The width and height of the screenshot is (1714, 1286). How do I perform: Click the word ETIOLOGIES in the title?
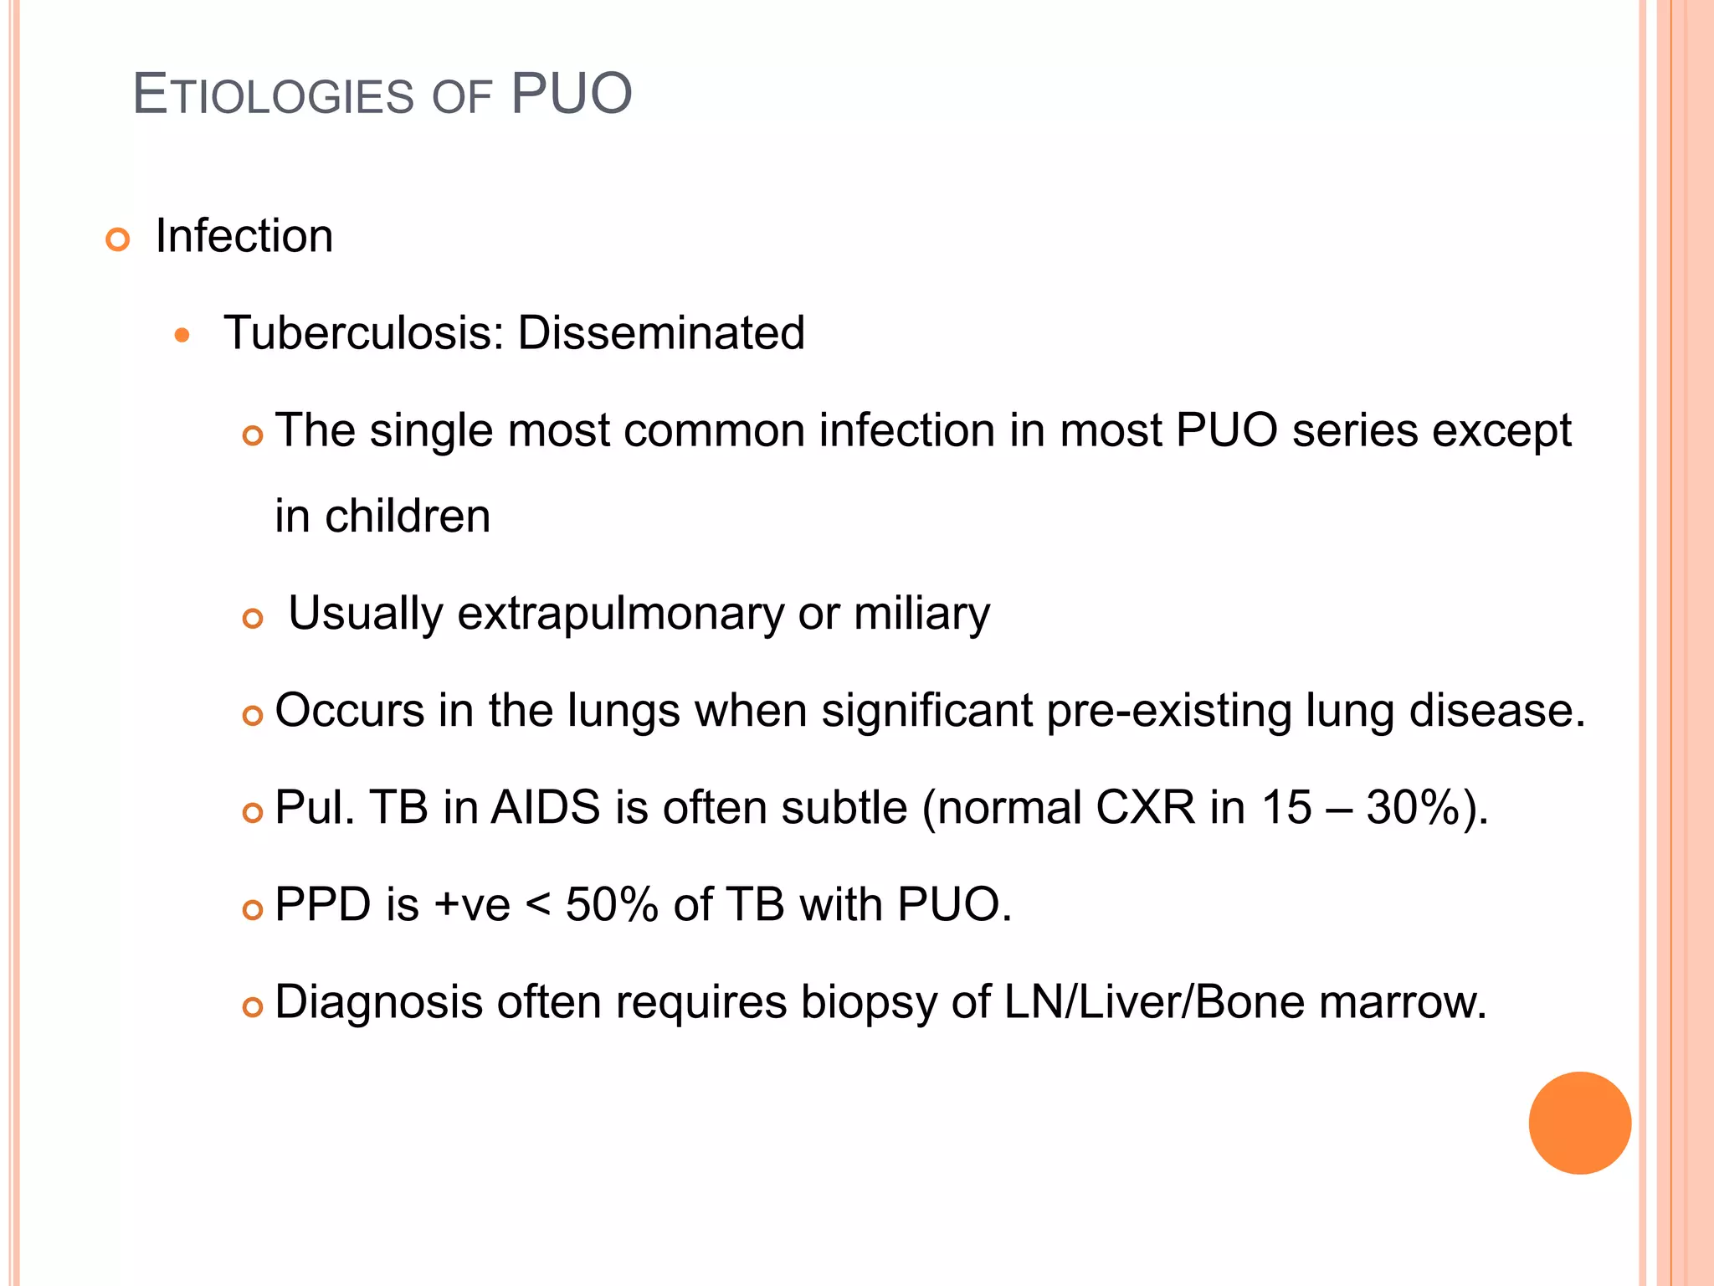pyautogui.click(x=274, y=95)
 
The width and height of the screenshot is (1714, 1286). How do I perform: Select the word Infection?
pyautogui.click(x=244, y=236)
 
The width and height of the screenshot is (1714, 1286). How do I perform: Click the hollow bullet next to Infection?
pyautogui.click(x=118, y=240)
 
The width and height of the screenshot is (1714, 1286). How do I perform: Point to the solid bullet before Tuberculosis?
pyautogui.click(x=182, y=336)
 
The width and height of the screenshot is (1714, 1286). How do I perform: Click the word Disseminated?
pyautogui.click(x=661, y=333)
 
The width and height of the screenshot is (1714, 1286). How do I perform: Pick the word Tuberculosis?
pyautogui.click(x=364, y=333)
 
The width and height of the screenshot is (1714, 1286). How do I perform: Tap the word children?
pyautogui.click(x=408, y=516)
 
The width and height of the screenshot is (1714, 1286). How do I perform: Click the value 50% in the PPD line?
pyautogui.click(x=612, y=905)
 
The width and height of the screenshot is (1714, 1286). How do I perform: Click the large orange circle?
pyautogui.click(x=1579, y=1123)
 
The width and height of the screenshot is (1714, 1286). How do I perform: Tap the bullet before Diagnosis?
pyautogui.click(x=252, y=1007)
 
